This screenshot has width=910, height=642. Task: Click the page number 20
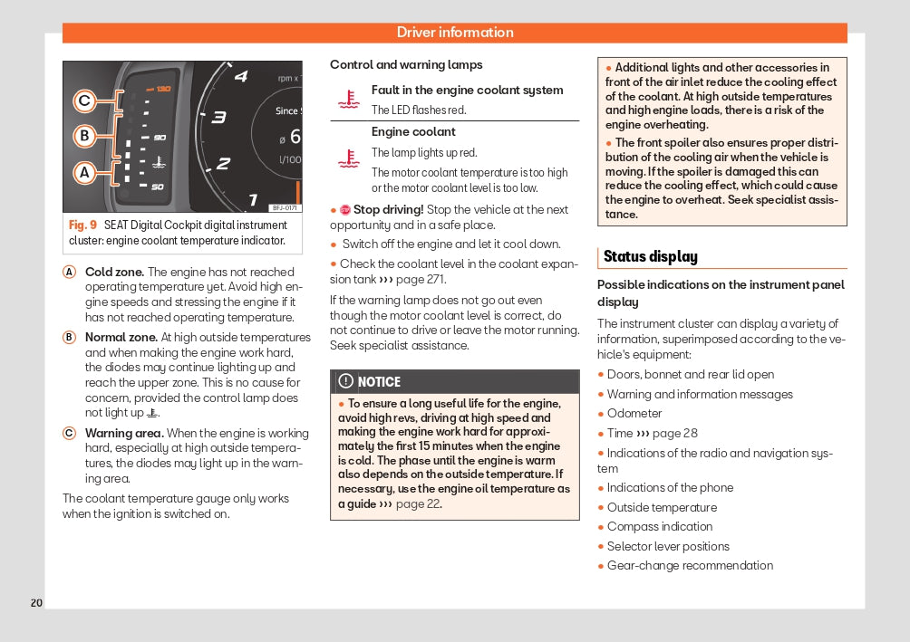click(36, 603)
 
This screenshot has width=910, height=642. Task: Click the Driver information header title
click(455, 33)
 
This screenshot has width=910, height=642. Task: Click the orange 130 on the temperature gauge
click(161, 89)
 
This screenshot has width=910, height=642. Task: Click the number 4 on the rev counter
click(241, 76)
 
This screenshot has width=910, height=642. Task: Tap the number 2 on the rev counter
click(223, 164)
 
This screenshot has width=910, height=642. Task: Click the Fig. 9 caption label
click(82, 225)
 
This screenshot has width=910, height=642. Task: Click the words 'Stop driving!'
click(388, 210)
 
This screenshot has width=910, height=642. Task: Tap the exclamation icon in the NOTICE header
click(345, 381)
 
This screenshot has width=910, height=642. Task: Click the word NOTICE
click(379, 382)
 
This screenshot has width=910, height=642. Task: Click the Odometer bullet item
click(634, 414)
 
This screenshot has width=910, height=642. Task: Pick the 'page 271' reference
click(425, 280)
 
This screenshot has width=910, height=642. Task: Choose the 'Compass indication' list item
click(660, 527)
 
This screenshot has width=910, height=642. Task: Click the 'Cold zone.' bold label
click(114, 272)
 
